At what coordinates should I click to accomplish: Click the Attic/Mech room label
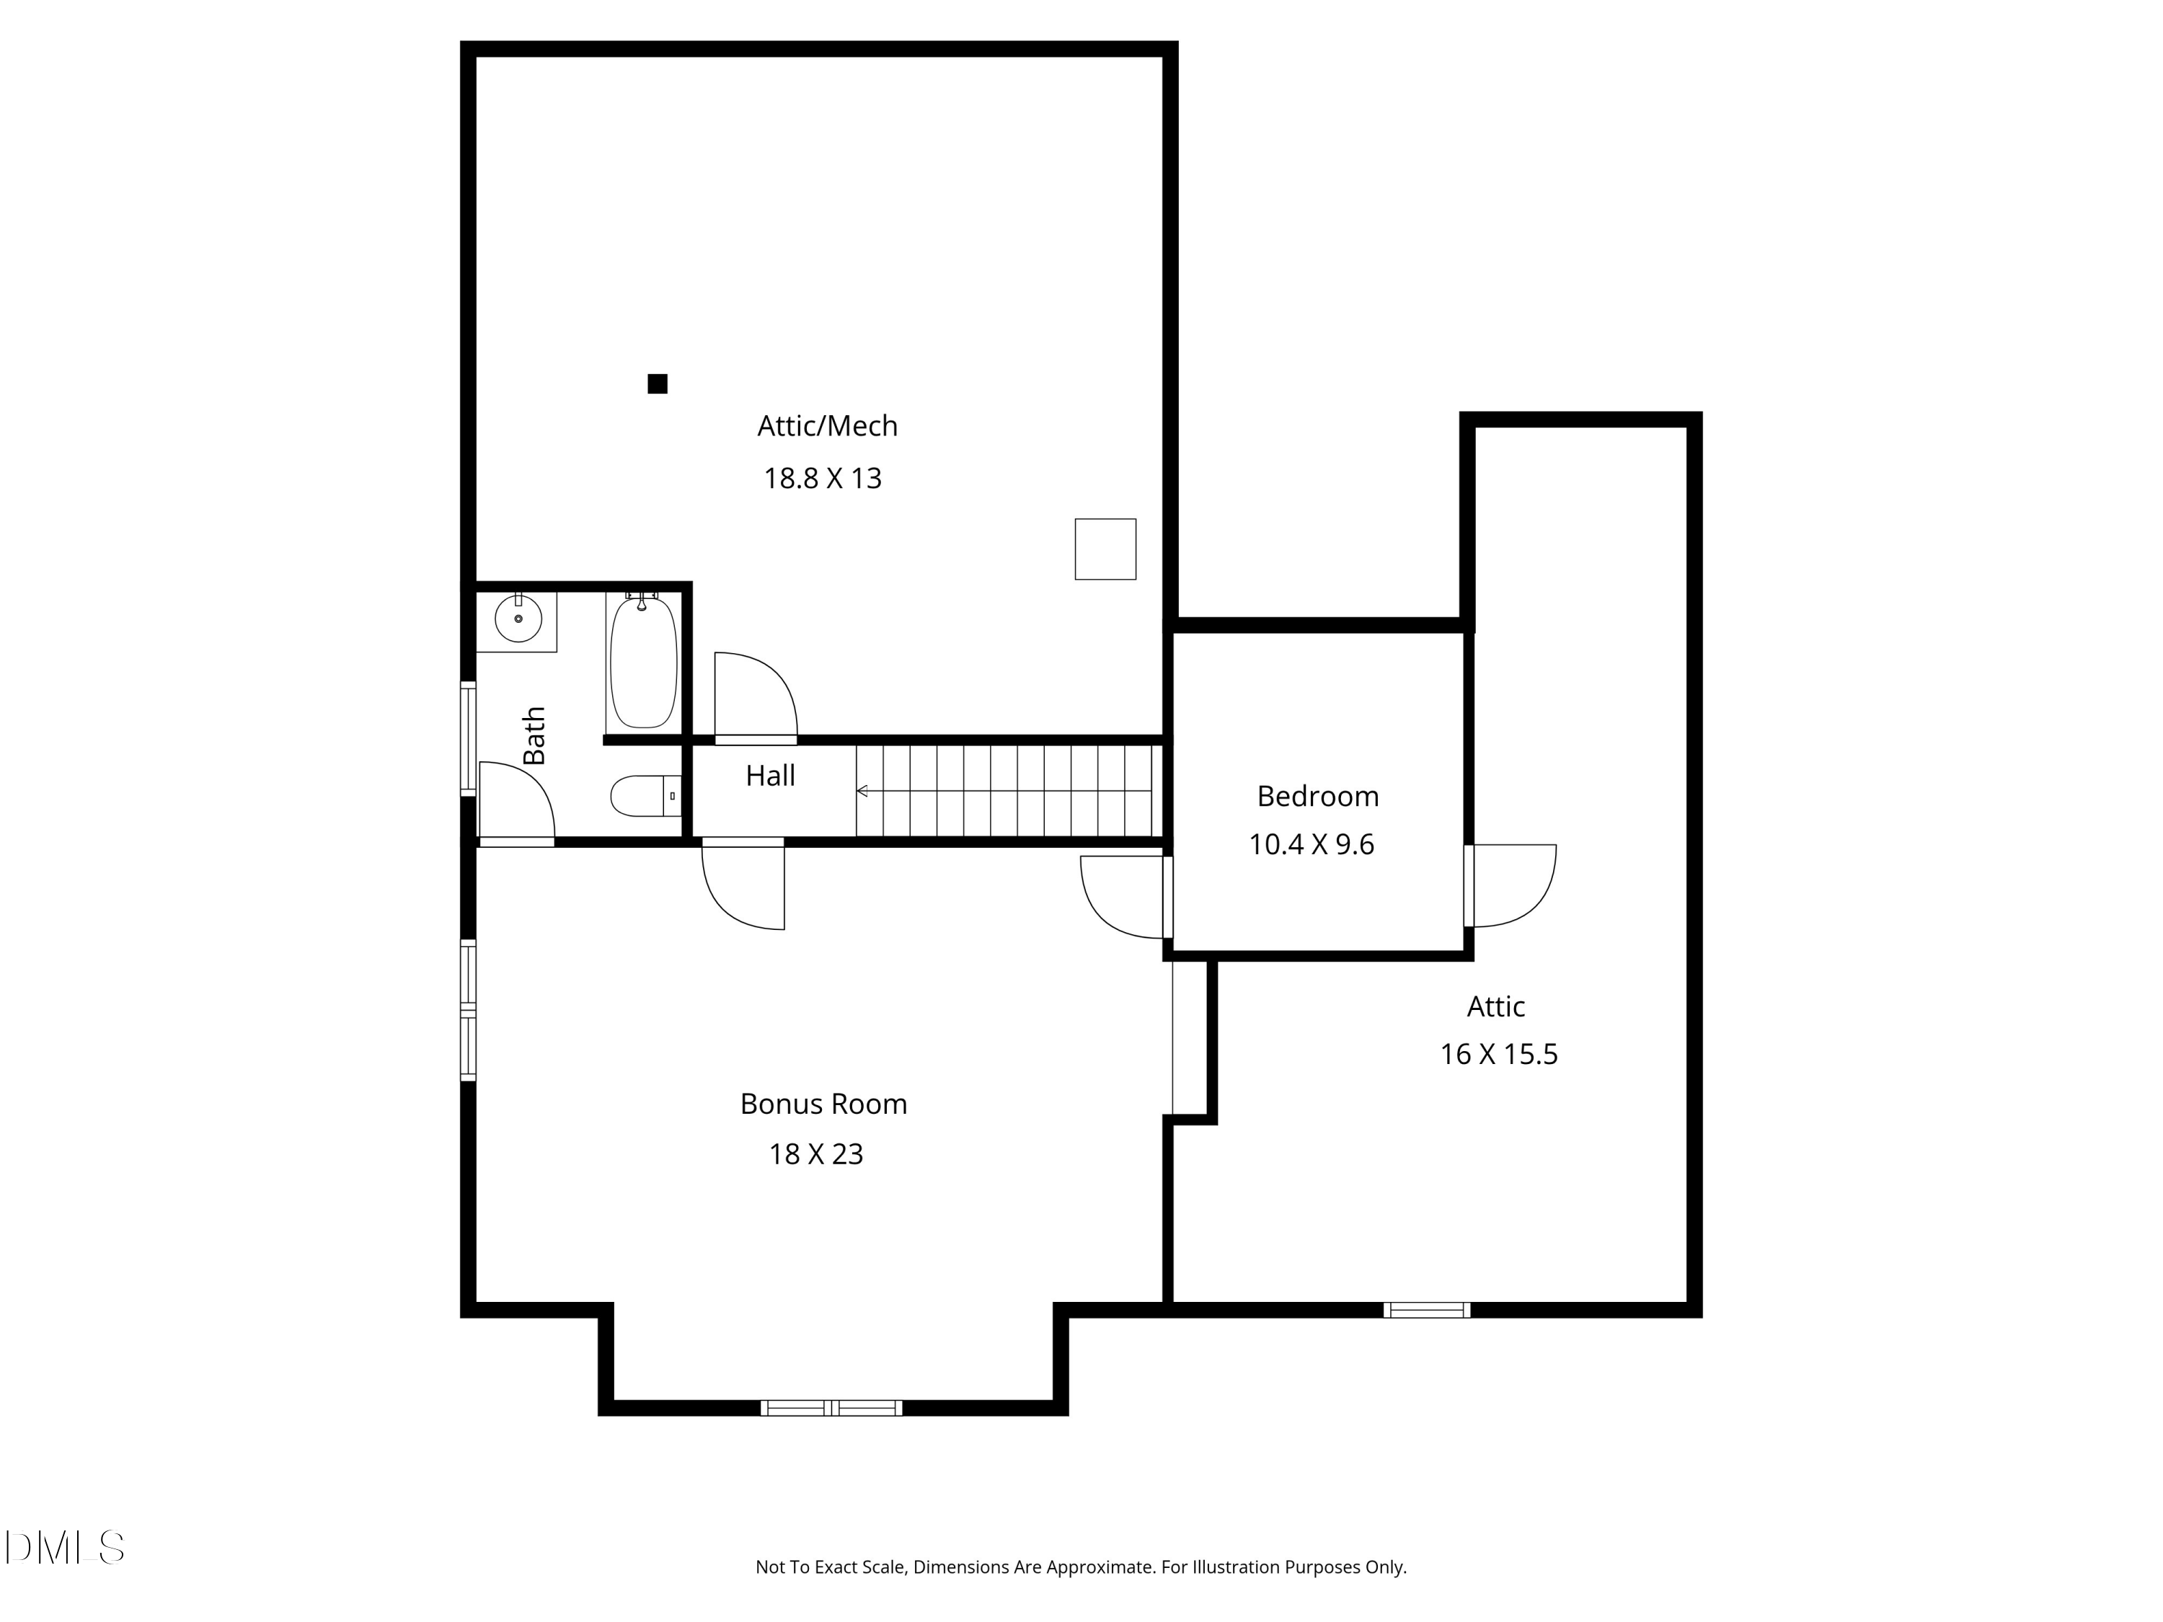(827, 426)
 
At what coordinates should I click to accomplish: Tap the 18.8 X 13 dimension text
(823, 478)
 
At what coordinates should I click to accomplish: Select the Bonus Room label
(823, 1104)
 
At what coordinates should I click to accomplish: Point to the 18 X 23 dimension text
(815, 1155)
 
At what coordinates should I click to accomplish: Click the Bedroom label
(1317, 797)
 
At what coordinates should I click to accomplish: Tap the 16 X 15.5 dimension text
(1498, 1054)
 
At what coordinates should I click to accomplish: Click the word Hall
(771, 776)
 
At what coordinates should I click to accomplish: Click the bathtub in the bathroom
(643, 662)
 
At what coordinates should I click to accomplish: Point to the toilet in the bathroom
(646, 796)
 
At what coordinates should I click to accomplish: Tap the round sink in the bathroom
(518, 619)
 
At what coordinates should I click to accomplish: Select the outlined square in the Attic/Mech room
(1106, 549)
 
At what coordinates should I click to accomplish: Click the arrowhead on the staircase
(862, 791)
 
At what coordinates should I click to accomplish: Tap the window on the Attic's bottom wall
(1427, 1310)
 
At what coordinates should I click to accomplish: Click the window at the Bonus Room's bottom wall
(832, 1408)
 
